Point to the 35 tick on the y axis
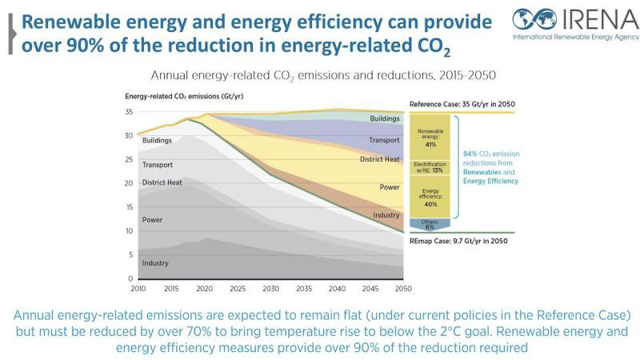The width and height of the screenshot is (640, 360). [129, 112]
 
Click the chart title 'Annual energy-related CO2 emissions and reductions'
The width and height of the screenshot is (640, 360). [323, 75]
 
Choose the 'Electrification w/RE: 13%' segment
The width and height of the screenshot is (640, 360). [430, 167]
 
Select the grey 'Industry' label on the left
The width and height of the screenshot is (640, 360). [155, 263]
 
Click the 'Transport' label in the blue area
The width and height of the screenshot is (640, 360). [384, 141]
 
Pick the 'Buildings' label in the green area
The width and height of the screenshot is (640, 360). [385, 118]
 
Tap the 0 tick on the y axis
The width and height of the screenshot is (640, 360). [130, 278]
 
